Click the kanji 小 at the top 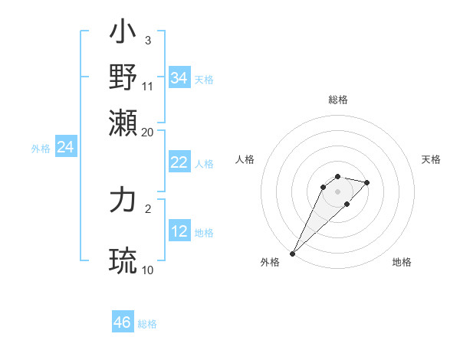pyautogui.click(x=123, y=34)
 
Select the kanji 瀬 pyautogui.click(x=123, y=123)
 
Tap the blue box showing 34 pyautogui.click(x=179, y=78)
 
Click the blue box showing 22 pyautogui.click(x=179, y=162)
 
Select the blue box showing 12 pyautogui.click(x=179, y=231)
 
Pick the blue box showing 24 pyautogui.click(x=66, y=147)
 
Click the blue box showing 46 pyautogui.click(x=123, y=322)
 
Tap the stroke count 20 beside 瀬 pyautogui.click(x=148, y=132)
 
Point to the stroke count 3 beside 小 pyautogui.click(x=148, y=40)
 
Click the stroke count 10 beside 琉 pyautogui.click(x=148, y=270)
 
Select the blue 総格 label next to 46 pyautogui.click(x=147, y=324)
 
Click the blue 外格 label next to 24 pyautogui.click(x=41, y=149)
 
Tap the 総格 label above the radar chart pyautogui.click(x=337, y=100)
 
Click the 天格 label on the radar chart pyautogui.click(x=431, y=159)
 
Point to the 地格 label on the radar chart pyautogui.click(x=402, y=262)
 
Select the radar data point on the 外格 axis pyautogui.click(x=292, y=253)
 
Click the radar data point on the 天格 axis pyautogui.click(x=367, y=182)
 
